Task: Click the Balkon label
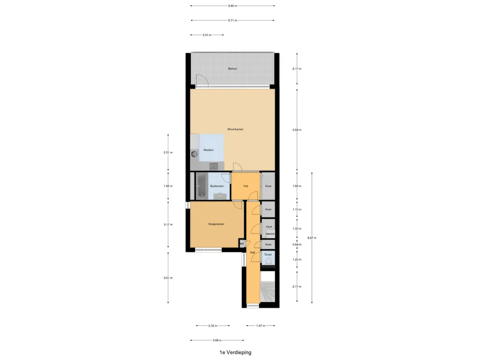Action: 232,69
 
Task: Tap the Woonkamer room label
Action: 235,129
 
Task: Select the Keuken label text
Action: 208,150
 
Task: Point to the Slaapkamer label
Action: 216,224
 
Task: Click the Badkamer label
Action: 217,186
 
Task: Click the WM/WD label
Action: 270,234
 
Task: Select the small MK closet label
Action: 242,244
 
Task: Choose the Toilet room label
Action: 268,255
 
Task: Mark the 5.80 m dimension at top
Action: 232,6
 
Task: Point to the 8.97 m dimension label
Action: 312,238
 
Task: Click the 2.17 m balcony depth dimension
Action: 297,69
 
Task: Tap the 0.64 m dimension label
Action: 297,245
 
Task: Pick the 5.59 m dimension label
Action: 297,129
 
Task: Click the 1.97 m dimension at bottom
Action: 261,326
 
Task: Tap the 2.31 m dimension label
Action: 207,35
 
